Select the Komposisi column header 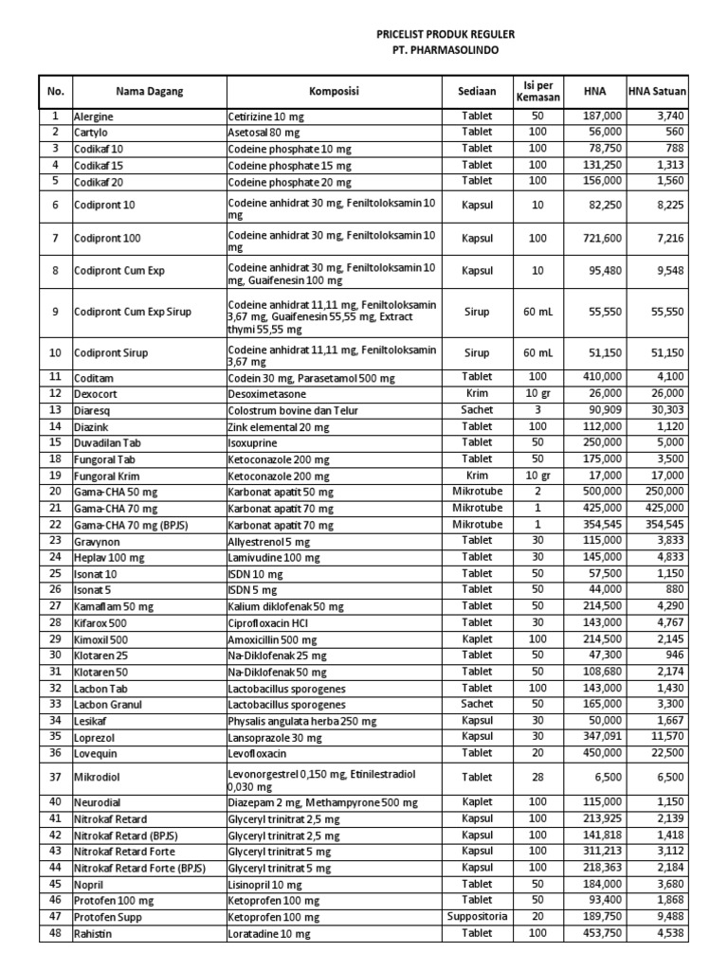pyautogui.click(x=334, y=91)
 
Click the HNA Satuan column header pyautogui.click(x=658, y=92)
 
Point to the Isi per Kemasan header pyautogui.click(x=537, y=91)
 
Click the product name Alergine pyautogui.click(x=93, y=116)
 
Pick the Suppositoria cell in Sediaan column pyautogui.click(x=477, y=917)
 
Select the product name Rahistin pyautogui.click(x=92, y=934)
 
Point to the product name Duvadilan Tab pyautogui.click(x=106, y=442)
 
